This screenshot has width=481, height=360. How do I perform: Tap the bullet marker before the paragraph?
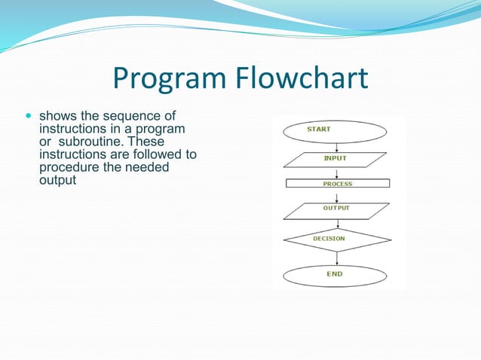29,117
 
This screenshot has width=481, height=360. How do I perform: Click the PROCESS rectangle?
338,183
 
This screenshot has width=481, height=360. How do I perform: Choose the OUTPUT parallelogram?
337,210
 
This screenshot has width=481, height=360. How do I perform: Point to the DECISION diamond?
337,239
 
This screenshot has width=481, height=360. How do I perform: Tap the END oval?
335,275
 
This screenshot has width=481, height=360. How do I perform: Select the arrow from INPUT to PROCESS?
337,173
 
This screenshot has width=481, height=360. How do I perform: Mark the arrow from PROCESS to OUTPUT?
337,195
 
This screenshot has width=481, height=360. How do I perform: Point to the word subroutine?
87,142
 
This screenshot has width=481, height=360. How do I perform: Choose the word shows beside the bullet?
56,117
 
